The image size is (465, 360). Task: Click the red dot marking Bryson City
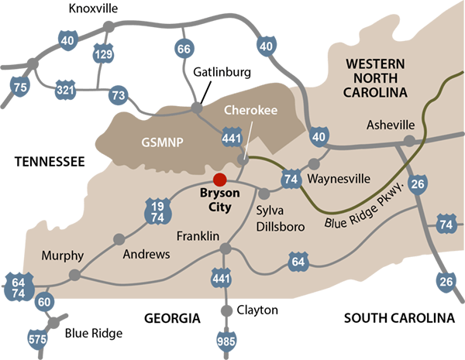coord(220,179)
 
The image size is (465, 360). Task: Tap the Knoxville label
coord(93,9)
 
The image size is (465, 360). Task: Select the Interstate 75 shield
coord(21,87)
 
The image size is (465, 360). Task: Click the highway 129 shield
coord(103,53)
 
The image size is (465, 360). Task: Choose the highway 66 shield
coord(184,50)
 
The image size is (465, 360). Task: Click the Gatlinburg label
coord(222,72)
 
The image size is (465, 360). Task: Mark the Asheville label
coord(391,125)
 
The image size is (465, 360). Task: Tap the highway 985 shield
coord(227,340)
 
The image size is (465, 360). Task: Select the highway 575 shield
coord(36,338)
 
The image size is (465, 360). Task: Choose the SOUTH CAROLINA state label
coord(398,318)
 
